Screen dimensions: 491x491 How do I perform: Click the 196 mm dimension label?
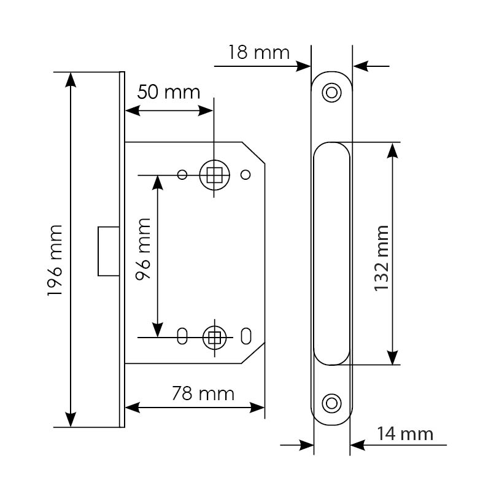(55, 260)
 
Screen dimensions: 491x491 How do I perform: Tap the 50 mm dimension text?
(168, 92)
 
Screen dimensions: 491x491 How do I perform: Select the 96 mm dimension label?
(143, 249)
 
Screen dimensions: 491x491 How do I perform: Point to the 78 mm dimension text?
(203, 393)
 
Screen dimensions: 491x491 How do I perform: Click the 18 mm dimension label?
(258, 52)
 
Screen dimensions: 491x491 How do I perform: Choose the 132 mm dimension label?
(381, 258)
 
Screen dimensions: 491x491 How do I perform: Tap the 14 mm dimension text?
(405, 434)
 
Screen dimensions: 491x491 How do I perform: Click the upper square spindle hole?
(214, 175)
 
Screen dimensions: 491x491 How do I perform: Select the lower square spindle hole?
(214, 338)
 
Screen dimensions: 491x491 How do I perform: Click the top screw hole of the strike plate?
(331, 93)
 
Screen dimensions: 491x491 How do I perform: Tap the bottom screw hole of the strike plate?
(331, 403)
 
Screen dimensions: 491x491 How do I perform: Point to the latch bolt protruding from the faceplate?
(109, 252)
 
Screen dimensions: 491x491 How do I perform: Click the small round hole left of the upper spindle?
(182, 175)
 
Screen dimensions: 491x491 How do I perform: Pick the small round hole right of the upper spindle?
(245, 175)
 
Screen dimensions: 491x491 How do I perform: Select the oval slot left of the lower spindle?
(182, 336)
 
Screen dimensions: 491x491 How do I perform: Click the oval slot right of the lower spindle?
(246, 336)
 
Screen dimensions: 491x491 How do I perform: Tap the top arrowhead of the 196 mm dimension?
(71, 80)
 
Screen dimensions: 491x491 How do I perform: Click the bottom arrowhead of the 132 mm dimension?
(392, 357)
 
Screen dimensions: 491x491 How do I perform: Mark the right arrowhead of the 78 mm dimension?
(257, 408)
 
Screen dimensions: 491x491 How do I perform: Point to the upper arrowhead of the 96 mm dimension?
(158, 183)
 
